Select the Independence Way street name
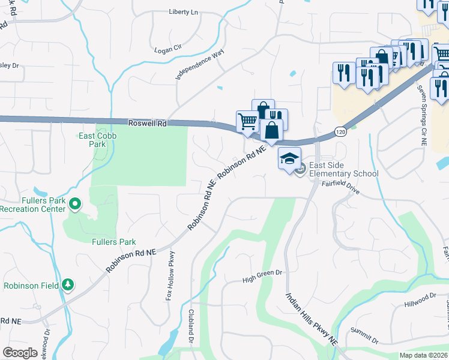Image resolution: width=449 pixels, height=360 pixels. [199, 65]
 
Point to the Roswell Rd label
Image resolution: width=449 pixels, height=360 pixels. [147, 122]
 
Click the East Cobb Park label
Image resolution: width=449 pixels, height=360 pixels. [98, 140]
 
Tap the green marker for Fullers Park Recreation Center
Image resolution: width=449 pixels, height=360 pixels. [75, 205]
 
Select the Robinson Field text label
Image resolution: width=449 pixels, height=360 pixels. [31, 286]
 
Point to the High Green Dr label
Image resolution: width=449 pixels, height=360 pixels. [262, 275]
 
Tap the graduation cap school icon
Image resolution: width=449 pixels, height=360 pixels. [290, 158]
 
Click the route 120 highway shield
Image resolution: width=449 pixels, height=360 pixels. [340, 131]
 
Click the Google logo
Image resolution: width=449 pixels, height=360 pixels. [20, 352]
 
